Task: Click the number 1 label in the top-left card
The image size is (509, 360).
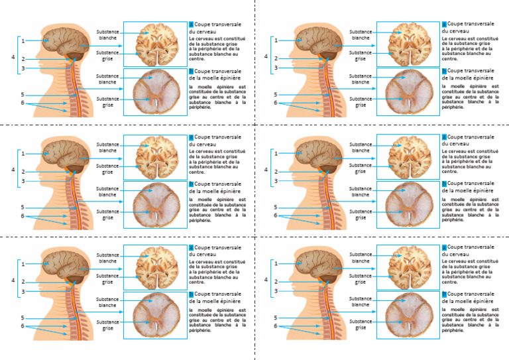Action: point(23,40)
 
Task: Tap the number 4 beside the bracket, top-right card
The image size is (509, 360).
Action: point(266,56)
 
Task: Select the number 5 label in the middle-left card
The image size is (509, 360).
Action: point(23,208)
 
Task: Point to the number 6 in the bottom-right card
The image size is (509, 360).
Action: point(276,326)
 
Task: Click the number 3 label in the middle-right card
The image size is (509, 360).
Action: point(276,181)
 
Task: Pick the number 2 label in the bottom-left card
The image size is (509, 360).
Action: point(23,282)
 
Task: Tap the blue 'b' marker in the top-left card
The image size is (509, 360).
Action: point(191,70)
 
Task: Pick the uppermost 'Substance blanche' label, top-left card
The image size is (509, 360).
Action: point(107,34)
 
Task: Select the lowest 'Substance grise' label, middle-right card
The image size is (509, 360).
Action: point(361,215)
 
